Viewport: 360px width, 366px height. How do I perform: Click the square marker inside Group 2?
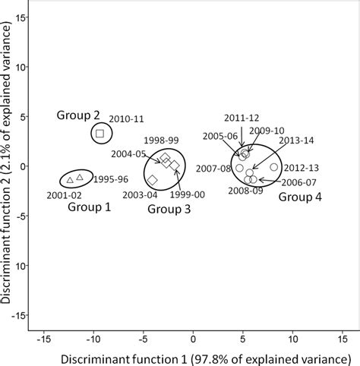(99, 134)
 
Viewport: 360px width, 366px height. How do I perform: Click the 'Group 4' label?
(299, 197)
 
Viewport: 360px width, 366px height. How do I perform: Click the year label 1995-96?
(112, 179)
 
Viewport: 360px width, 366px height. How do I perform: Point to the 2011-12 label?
(242, 118)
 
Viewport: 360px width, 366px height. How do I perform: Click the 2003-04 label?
(141, 195)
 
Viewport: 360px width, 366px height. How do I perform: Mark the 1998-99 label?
(161, 141)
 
